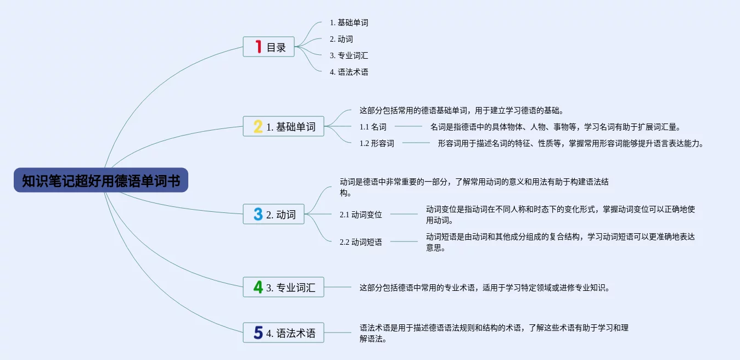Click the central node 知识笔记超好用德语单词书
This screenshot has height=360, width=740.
(x=101, y=181)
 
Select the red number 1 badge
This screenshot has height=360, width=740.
(x=258, y=47)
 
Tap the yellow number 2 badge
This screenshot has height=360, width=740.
(x=258, y=127)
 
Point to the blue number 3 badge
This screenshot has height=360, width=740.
(x=258, y=214)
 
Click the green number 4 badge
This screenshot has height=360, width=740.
(x=258, y=286)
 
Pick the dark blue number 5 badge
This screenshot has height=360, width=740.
(x=258, y=333)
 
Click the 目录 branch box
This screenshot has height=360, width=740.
(x=269, y=47)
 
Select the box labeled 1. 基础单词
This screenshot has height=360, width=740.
(x=284, y=127)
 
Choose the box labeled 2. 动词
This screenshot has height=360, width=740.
(x=274, y=214)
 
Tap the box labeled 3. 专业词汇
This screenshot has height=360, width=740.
(x=284, y=287)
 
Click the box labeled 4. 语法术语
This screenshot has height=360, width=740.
(x=284, y=333)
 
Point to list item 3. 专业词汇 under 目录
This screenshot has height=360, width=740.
(x=349, y=55)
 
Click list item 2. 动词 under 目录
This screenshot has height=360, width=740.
(x=341, y=39)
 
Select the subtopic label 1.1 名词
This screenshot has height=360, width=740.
(x=373, y=127)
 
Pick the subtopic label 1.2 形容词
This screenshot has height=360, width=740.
(x=377, y=144)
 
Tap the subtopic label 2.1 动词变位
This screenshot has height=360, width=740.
(x=361, y=215)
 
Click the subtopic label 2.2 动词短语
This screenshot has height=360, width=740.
(x=361, y=242)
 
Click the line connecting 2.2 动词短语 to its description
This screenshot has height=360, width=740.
(x=403, y=241)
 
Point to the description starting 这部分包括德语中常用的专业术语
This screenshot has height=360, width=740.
(x=484, y=287)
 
